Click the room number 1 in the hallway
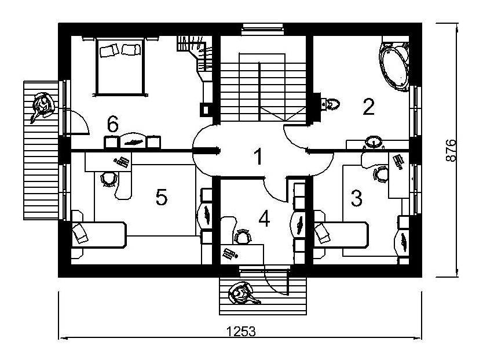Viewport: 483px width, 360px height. pyautogui.click(x=258, y=157)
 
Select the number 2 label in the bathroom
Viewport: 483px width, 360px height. pyautogui.click(x=368, y=107)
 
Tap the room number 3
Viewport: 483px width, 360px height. pyautogui.click(x=356, y=199)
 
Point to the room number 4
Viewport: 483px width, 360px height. pyautogui.click(x=264, y=219)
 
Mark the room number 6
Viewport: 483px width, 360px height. pyautogui.click(x=113, y=123)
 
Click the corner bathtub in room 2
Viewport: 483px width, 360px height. pyautogui.click(x=395, y=63)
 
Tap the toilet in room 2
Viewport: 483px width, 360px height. pyautogui.click(x=331, y=104)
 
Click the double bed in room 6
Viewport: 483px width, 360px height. pyautogui.click(x=119, y=65)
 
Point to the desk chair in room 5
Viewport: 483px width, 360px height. pyautogui.click(x=108, y=179)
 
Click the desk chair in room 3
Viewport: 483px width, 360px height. pyautogui.click(x=380, y=173)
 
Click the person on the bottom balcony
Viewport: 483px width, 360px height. pyautogui.click(x=240, y=293)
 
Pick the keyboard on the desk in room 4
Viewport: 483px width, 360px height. pyautogui.click(x=230, y=253)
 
